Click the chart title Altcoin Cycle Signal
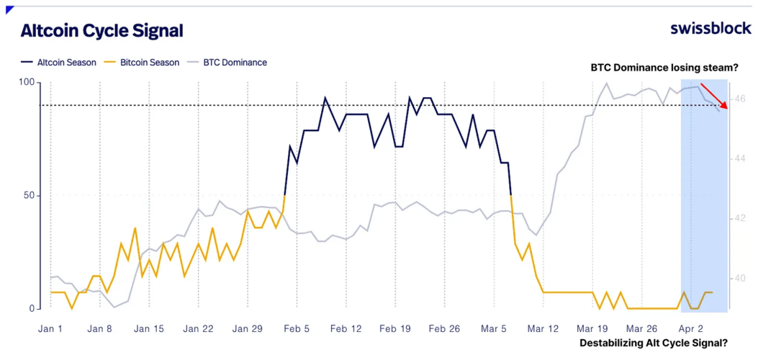pyautogui.click(x=101, y=31)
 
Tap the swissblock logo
pyautogui.click(x=710, y=28)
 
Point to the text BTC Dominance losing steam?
pyautogui.click(x=664, y=68)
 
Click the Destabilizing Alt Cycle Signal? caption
pyautogui.click(x=654, y=343)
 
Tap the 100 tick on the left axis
pyautogui.click(x=26, y=83)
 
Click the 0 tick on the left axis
pyautogui.click(x=31, y=308)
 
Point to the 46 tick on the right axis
pyautogui.click(x=740, y=98)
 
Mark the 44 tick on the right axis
pyautogui.click(x=740, y=158)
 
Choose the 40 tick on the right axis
pyautogui.click(x=740, y=278)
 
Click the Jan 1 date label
pyautogui.click(x=50, y=329)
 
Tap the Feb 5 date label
pyautogui.click(x=297, y=329)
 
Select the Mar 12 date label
pyautogui.click(x=543, y=329)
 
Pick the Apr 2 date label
pyautogui.click(x=690, y=329)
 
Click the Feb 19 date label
pyautogui.click(x=395, y=329)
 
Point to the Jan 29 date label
pyautogui.click(x=248, y=329)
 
